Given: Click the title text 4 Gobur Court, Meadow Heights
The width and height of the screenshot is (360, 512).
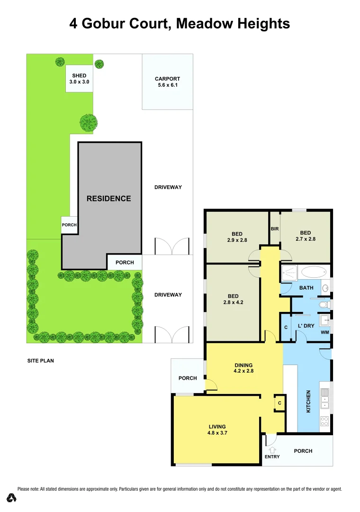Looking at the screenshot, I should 180,23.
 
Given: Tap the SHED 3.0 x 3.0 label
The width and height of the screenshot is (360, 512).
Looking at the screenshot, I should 79,79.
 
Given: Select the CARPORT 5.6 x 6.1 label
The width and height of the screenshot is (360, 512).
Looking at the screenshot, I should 168,82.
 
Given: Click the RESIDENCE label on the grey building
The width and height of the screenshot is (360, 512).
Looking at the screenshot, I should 108,199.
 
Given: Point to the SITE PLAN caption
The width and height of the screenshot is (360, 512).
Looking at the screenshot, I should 40,361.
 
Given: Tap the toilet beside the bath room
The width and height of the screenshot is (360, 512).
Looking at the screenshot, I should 324,303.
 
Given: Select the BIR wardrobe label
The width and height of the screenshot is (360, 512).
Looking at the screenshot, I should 275,229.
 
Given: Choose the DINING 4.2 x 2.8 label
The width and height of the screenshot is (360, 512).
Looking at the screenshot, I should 244,368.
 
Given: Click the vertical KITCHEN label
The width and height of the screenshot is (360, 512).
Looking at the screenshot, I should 308,401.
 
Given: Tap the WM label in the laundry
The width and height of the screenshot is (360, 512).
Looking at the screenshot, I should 324,332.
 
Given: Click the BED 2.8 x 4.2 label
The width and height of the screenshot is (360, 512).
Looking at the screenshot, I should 233,299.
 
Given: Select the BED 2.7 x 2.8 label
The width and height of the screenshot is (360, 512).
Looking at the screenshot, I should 305,236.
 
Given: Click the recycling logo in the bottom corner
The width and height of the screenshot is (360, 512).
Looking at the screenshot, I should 11,498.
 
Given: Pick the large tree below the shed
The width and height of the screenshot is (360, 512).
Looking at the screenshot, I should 88,123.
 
